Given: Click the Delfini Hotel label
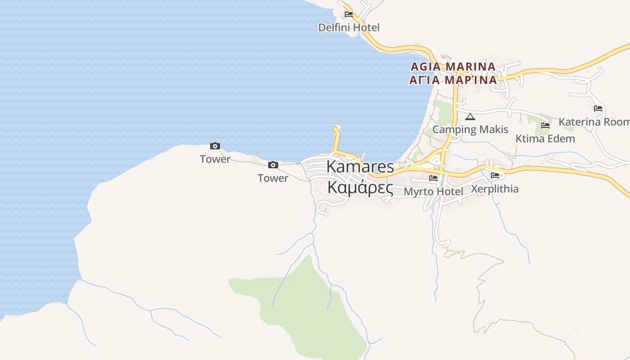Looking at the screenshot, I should point(349,27).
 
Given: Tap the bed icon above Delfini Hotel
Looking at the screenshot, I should point(349,14).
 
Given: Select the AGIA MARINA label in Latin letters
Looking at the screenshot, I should point(453,67).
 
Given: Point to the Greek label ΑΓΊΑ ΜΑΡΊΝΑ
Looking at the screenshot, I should point(453,80).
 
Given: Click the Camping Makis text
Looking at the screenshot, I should point(470,130).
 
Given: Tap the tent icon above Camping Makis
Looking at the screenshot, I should point(470,117).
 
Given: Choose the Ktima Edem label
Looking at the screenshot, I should point(545,139).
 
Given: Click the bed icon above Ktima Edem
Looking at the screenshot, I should point(545,125).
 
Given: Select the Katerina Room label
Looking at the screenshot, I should point(594,122).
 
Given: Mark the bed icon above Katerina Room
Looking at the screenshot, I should point(598,108).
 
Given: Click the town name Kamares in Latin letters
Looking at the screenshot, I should point(360,166).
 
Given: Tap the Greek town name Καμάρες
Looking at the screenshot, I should point(360,187).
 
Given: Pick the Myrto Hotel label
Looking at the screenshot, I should point(433,192).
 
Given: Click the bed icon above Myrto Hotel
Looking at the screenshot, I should point(433,178).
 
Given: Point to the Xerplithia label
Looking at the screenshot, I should point(495,189).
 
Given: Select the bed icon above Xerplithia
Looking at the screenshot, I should point(495,175).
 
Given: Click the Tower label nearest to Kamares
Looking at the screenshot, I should point(273,178).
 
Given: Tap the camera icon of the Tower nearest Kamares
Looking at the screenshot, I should point(273,165).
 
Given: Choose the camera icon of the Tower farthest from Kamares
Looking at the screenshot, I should point(215,146).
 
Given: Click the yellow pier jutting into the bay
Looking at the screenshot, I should point(336,137).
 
